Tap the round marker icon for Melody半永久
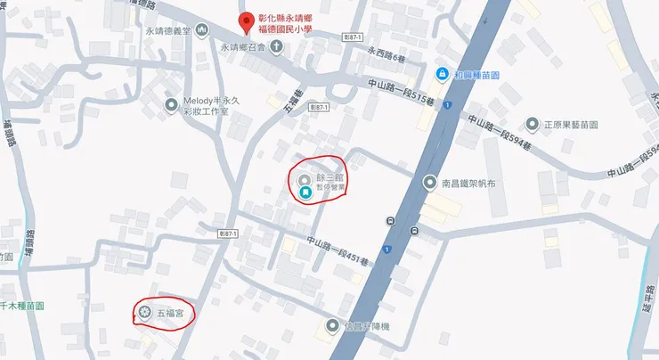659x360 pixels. point(172,106)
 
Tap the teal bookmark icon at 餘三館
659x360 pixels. point(305,191)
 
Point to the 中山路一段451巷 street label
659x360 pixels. point(336,248)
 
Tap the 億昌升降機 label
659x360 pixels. point(364,326)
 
